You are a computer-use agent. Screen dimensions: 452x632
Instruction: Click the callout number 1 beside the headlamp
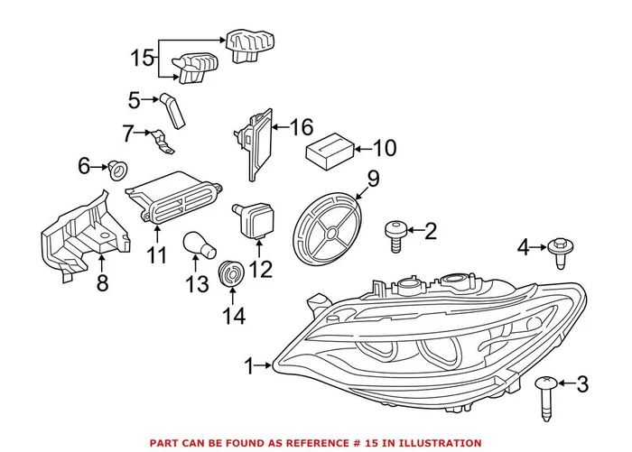250,365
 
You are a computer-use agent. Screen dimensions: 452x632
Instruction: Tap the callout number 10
384,148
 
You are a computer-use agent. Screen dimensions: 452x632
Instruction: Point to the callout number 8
102,285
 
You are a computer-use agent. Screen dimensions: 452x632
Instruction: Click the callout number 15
143,59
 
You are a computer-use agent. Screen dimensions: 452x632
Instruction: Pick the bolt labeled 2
395,233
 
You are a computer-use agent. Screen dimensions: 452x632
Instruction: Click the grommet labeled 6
116,169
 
